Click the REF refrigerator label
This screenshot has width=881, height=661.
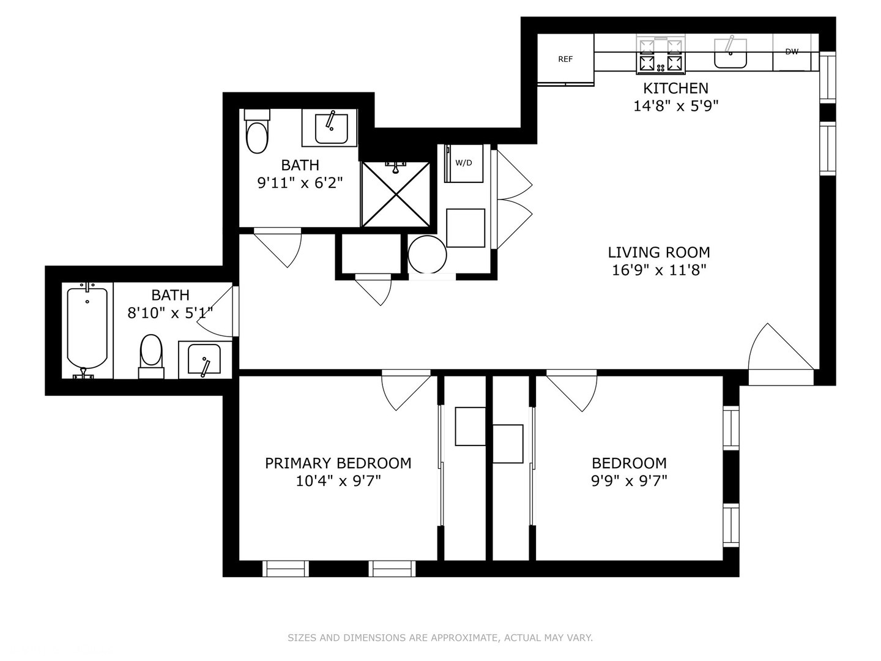click(x=565, y=59)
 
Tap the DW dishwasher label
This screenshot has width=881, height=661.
click(x=792, y=52)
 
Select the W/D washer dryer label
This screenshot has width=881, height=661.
click(x=464, y=163)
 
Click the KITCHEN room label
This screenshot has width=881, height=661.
click(x=675, y=88)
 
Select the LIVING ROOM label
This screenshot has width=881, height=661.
click(x=659, y=252)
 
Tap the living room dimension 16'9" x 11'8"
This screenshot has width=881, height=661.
click(x=659, y=270)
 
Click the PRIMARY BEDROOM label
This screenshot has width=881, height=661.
click(x=338, y=463)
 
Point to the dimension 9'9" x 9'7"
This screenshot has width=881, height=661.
click(x=629, y=481)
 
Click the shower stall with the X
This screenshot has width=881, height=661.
click(x=396, y=193)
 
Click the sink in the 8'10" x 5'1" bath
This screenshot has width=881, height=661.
click(x=204, y=359)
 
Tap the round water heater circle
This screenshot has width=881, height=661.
click(x=427, y=254)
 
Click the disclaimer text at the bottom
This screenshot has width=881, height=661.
click(x=440, y=638)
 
